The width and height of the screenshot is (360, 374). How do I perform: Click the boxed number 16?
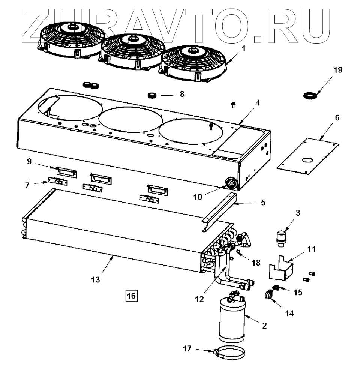point(132,296)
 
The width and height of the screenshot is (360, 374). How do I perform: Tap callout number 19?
point(338,70)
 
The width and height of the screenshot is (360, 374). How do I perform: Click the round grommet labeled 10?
point(229,183)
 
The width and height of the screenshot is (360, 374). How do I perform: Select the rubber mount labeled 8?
point(152,95)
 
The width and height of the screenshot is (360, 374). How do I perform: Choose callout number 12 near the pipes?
point(199,299)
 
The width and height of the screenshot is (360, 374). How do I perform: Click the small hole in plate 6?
point(306,160)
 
